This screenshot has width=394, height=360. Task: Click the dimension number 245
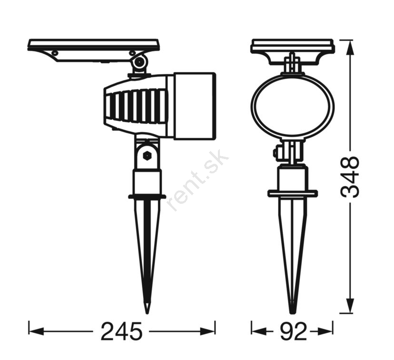(122, 331)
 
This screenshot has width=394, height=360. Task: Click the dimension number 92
(293, 331)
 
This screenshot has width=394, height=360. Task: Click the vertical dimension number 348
(349, 177)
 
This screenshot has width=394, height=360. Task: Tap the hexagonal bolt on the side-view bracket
(146, 156)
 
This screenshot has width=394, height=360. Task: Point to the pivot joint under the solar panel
(140, 61)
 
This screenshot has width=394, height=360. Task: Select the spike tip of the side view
(147, 310)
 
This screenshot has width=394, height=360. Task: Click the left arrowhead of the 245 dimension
(37, 331)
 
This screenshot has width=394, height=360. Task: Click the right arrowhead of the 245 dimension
(207, 331)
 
